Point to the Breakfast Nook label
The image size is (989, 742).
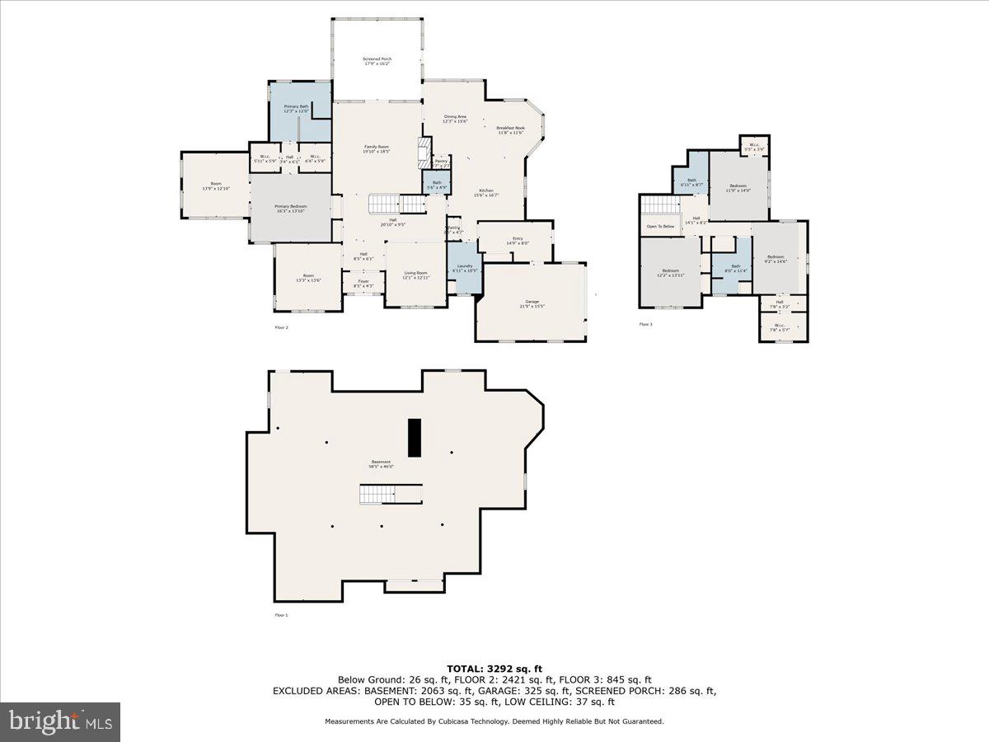pos(511,130)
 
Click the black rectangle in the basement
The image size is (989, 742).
pos(415,437)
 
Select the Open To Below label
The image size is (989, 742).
pos(660,226)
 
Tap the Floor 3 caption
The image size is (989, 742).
pos(645,324)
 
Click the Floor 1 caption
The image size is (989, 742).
pos(282,615)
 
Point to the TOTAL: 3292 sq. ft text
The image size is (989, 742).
pos(494,669)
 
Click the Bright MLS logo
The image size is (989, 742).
pos(60,722)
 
